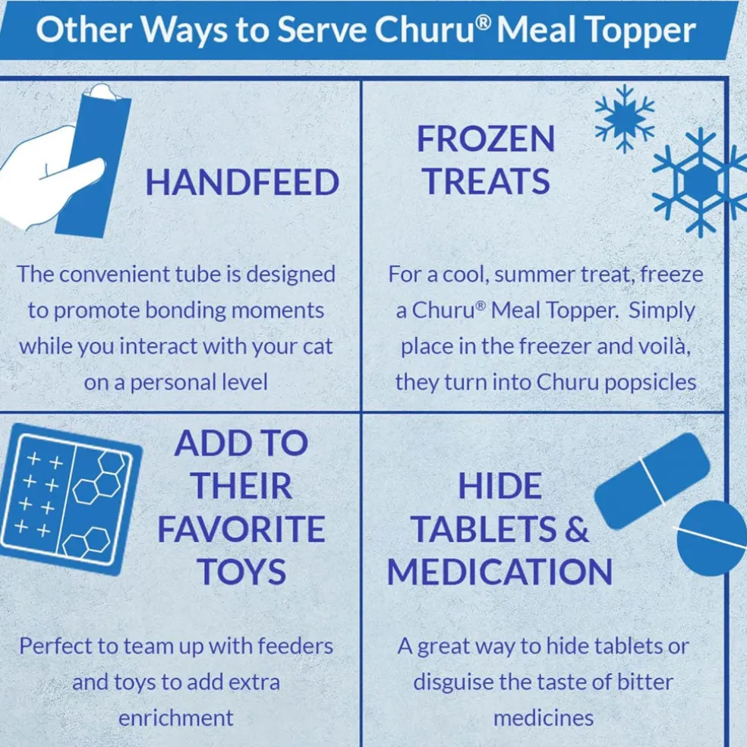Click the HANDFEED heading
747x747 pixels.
[242, 182]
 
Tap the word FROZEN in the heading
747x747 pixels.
[486, 139]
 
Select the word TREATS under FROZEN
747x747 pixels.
[487, 181]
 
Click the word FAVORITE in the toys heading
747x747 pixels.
[241, 529]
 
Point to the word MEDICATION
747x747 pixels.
[500, 572]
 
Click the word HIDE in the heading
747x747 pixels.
[500, 486]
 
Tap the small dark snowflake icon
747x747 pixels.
[624, 119]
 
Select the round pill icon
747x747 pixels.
[712, 538]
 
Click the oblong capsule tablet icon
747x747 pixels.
[651, 481]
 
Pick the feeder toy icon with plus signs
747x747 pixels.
[70, 498]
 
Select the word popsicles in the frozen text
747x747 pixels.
[651, 383]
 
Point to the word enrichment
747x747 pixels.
[176, 718]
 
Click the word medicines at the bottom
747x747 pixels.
[544, 718]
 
